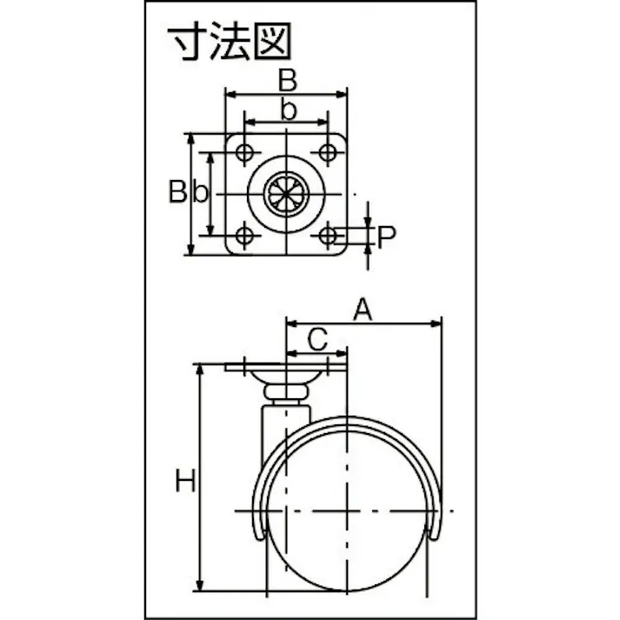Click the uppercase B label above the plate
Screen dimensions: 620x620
click(x=287, y=81)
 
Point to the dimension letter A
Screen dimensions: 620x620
click(x=363, y=310)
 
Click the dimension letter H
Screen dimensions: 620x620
click(x=184, y=480)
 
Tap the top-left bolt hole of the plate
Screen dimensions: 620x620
click(x=245, y=153)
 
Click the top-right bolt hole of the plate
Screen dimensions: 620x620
click(x=327, y=153)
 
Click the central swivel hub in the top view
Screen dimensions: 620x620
click(x=286, y=193)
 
